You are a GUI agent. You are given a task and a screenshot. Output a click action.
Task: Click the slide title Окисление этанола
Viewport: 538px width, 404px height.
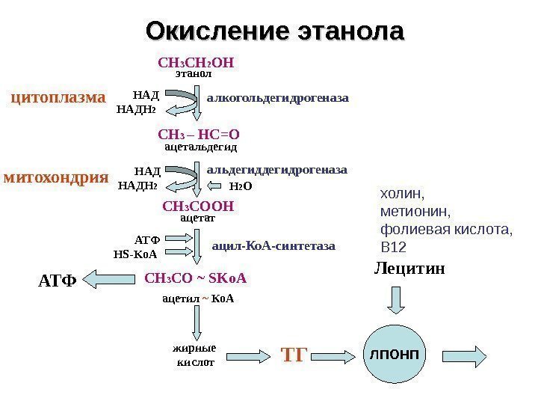[x=274, y=31]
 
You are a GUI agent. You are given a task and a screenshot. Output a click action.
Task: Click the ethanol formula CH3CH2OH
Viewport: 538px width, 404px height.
[x=197, y=62]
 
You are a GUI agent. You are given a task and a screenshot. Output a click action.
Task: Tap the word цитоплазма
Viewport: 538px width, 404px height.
[x=58, y=97]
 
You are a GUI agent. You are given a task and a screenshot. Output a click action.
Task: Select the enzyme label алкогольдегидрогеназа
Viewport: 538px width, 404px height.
[x=278, y=97]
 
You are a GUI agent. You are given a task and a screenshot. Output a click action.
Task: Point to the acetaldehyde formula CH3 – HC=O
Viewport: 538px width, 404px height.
[x=199, y=135]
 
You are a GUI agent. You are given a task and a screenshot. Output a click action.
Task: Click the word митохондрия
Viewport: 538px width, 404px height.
[x=57, y=177]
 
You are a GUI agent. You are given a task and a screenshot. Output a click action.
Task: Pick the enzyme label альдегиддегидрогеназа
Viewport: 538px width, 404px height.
[x=276, y=171]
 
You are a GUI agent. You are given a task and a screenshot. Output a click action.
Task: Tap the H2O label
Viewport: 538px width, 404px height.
[x=240, y=186]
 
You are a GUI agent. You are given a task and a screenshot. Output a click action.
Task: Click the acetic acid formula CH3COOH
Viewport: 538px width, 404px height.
[x=198, y=206]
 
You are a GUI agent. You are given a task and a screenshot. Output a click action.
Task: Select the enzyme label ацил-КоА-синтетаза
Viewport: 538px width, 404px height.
[x=274, y=245]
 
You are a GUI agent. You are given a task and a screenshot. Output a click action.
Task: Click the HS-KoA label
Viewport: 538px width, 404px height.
[x=135, y=254]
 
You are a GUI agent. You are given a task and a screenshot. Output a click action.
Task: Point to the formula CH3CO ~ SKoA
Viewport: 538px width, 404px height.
[x=195, y=278]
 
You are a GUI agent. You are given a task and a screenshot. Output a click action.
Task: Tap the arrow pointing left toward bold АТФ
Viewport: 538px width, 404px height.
[x=109, y=280]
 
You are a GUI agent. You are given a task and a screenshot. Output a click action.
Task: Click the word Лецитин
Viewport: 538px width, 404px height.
[x=409, y=268]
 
